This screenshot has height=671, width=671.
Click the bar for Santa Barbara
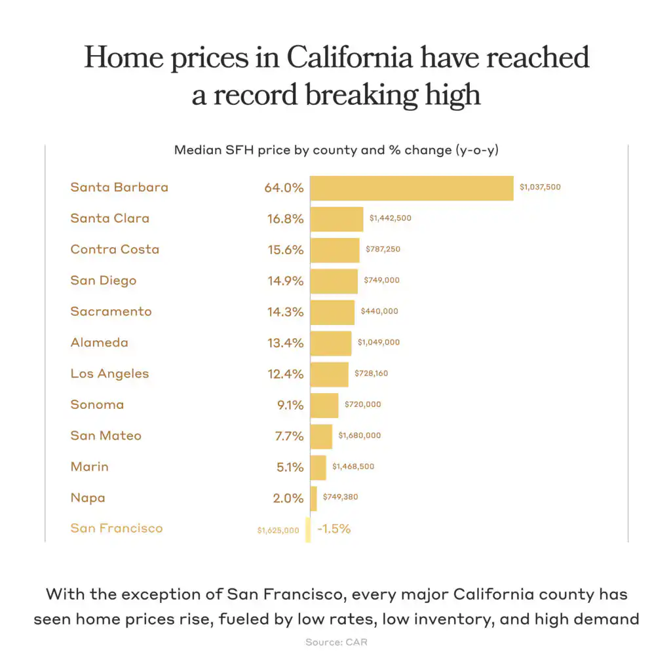(412, 187)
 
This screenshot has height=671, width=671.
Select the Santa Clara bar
(336, 219)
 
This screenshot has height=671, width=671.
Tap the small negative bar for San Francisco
(308, 529)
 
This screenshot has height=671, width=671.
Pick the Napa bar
(313, 498)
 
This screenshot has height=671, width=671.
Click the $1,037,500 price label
(540, 187)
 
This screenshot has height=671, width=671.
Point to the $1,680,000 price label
(359, 436)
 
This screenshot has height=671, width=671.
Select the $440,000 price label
(379, 311)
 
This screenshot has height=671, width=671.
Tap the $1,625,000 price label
(278, 529)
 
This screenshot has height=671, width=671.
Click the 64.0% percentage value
(284, 188)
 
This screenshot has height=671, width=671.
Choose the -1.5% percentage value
(334, 529)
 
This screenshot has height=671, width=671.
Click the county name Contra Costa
(115, 250)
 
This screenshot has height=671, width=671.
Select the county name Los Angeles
(109, 374)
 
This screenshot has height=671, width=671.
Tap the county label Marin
(90, 467)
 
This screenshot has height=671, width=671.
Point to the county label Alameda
(100, 343)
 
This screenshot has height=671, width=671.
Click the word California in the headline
(350, 58)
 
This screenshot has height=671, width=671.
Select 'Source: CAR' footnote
(336, 642)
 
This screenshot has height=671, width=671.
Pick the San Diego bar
(334, 281)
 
